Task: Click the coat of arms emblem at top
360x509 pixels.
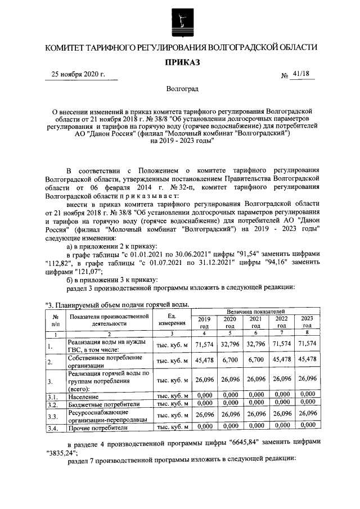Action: coord(181,21)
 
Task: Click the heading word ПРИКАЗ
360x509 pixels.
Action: coord(181,62)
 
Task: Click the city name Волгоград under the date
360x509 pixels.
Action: coord(182,89)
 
